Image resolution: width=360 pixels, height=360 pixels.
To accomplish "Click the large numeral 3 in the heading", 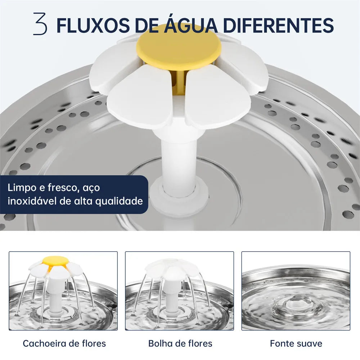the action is coord(40,24).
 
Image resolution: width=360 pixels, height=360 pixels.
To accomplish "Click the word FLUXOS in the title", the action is coord(93,25).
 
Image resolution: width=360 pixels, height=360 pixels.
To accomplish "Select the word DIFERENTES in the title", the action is coord(278,25).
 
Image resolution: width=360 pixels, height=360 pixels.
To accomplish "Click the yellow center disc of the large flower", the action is coord(179,46).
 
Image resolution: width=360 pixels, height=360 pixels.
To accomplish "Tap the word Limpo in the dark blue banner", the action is coord(22,188).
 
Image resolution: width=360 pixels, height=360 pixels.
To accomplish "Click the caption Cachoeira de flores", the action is coord(64,343).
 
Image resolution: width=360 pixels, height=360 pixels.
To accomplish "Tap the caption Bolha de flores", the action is coord(180,343).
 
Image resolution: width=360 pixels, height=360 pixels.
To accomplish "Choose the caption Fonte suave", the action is coord(296,343).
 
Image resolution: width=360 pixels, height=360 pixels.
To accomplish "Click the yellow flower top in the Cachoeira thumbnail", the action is coord(55,260).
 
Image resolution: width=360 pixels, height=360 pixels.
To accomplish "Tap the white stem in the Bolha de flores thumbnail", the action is coord(171,296).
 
